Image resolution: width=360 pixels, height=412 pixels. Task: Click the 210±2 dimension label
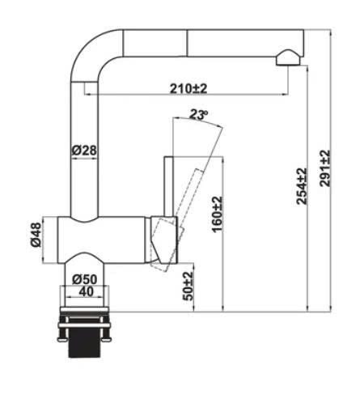click(x=188, y=88)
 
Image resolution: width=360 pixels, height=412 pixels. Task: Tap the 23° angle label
click(x=198, y=115)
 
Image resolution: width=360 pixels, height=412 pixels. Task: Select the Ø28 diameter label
click(x=84, y=151)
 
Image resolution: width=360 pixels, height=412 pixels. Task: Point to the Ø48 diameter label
click(x=36, y=235)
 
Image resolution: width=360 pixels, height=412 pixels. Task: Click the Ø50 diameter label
click(x=84, y=279)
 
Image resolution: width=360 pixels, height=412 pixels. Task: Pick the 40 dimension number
click(x=87, y=291)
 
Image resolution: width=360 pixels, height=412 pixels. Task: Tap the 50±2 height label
click(x=188, y=286)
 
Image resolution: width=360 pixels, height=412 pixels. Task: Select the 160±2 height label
click(x=217, y=214)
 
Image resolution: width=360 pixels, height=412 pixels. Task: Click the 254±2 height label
click(x=302, y=186)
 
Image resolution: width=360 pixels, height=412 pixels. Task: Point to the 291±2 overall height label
click(x=324, y=168)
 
